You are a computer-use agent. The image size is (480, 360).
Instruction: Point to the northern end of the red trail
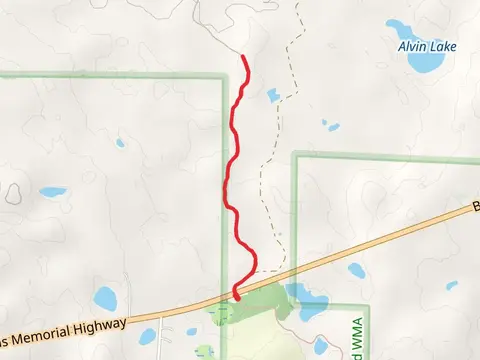tap(245, 57)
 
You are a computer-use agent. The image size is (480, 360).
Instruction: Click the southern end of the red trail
tap(236, 296)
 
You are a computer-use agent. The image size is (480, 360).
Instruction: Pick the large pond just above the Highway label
tap(104, 297)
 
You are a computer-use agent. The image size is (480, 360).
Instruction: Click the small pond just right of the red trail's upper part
tap(273, 95)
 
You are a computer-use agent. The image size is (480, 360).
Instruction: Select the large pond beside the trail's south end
tap(308, 296)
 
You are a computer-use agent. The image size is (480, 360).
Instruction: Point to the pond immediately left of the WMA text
tap(321, 346)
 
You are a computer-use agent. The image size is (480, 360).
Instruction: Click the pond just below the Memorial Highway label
tap(192, 332)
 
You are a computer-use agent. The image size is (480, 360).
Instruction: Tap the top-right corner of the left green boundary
tap(222, 76)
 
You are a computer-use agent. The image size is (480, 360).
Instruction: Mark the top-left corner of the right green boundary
tap(295, 156)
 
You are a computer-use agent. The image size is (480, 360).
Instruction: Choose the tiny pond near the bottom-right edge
tap(453, 283)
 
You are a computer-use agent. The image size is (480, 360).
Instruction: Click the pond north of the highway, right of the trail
tap(356, 269)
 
